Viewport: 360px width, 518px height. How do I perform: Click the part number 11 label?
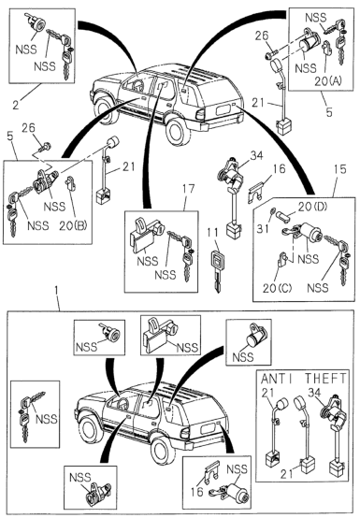[213, 233]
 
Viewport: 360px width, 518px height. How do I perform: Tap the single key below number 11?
[216, 271]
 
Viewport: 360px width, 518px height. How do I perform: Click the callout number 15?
[339, 169]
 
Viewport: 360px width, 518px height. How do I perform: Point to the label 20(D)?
[312, 208]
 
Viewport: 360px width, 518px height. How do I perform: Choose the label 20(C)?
[277, 288]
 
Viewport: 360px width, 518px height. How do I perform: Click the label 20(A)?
[328, 81]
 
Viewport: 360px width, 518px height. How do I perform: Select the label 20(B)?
[73, 225]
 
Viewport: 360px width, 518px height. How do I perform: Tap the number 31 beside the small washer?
[263, 228]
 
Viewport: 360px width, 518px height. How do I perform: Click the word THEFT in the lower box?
[325, 379]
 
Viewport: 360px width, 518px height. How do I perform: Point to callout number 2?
[16, 105]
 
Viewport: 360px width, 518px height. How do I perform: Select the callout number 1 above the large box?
[56, 292]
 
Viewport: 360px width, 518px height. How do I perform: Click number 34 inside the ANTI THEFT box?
[314, 393]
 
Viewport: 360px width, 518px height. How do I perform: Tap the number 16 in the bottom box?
[197, 491]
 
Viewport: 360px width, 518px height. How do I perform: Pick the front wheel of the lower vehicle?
[90, 430]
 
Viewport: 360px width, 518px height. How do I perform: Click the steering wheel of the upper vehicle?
[137, 85]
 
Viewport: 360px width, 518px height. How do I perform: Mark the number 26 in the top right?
[262, 36]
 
